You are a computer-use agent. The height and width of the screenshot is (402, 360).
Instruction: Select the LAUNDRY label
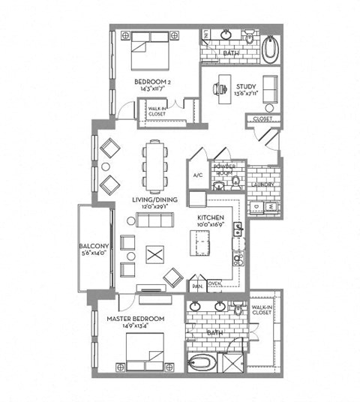(x=262, y=184)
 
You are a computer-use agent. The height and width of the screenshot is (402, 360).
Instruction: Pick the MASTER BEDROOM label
(x=136, y=319)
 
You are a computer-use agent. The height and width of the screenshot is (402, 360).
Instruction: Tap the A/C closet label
(x=198, y=175)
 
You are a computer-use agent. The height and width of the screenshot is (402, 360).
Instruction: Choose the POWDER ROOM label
(x=224, y=169)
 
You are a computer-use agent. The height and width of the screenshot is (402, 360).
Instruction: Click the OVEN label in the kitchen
(x=214, y=283)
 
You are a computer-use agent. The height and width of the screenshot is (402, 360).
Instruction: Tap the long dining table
(x=154, y=166)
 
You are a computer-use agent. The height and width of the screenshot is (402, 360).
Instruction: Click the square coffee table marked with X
(x=154, y=255)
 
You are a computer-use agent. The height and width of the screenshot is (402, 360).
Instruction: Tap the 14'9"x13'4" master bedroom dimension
(x=136, y=327)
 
